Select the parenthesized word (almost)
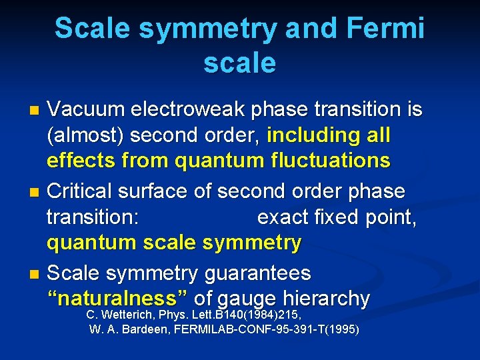(x=85, y=136)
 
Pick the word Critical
(x=80, y=191)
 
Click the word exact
(x=283, y=218)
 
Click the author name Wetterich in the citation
(x=130, y=315)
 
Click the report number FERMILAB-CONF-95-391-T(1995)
(x=267, y=330)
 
